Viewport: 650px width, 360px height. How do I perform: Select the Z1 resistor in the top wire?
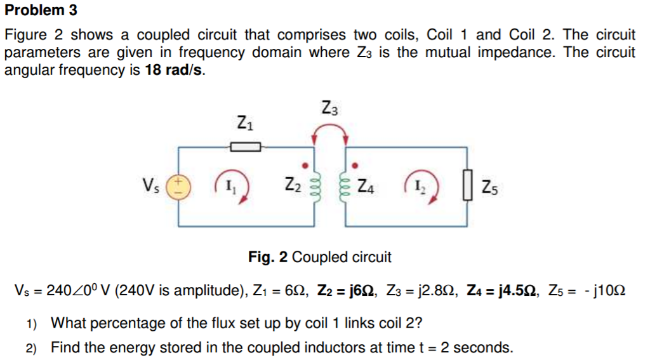coord(245,147)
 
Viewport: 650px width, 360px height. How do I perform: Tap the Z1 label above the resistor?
coord(244,121)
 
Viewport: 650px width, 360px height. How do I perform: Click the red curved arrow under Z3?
coord(329,132)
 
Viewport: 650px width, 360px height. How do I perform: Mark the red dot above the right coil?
coord(354,166)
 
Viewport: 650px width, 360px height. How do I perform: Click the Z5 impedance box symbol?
coord(469,187)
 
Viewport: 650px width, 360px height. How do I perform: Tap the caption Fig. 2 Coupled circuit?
coord(319,257)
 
